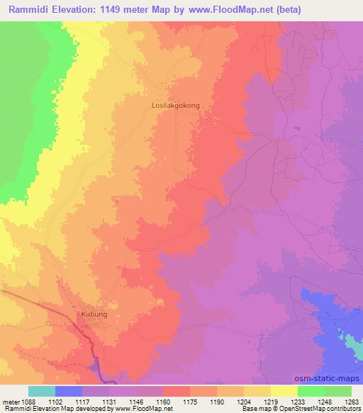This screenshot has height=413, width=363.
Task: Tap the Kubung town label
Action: click(x=91, y=312)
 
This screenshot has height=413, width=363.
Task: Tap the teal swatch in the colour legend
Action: click(x=42, y=391)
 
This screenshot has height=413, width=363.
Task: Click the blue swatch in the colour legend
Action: click(x=69, y=391)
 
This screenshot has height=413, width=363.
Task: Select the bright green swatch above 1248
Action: click(x=311, y=391)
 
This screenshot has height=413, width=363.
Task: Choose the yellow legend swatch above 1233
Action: click(x=284, y=391)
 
